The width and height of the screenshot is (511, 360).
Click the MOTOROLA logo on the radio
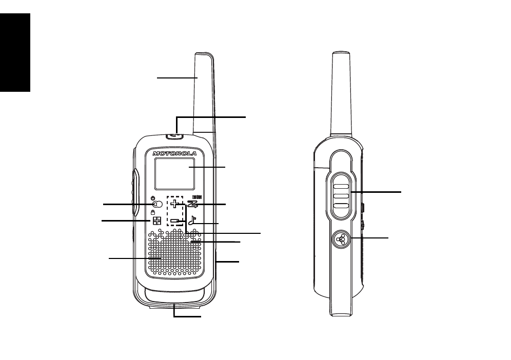174,153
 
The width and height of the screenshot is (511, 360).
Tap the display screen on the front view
174,174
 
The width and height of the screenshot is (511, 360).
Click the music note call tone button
192,221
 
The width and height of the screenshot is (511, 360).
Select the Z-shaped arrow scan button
192,204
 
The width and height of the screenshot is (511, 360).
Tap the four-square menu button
157,221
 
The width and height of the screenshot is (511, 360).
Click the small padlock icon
153,212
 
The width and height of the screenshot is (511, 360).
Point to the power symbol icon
153,198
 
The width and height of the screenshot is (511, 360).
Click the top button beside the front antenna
174,135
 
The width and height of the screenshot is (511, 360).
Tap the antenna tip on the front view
204,54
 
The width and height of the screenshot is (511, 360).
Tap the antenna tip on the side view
341,53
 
